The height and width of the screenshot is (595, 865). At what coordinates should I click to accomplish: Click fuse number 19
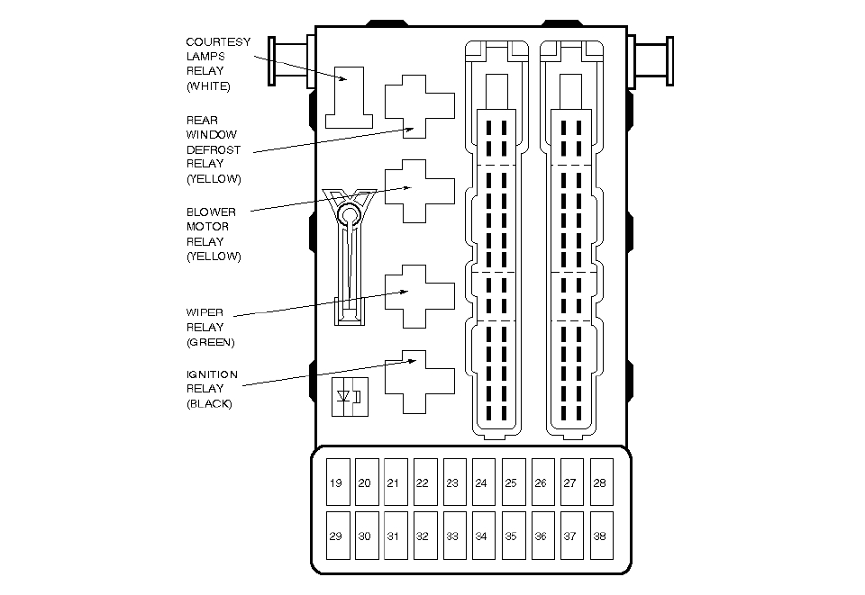pyautogui.click(x=336, y=483)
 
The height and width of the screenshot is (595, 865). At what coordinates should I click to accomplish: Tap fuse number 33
pyautogui.click(x=452, y=536)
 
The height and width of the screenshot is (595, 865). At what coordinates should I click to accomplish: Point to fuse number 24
pyautogui.click(x=481, y=483)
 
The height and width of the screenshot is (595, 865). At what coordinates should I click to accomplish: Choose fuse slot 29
pyautogui.click(x=336, y=536)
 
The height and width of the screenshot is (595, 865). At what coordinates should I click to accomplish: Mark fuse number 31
pyautogui.click(x=394, y=536)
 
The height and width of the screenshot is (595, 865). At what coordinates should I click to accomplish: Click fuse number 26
pyautogui.click(x=541, y=483)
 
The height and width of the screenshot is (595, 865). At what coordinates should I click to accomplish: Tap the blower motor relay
pyautogui.click(x=419, y=191)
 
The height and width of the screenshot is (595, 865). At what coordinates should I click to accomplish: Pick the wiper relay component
pyautogui.click(x=419, y=295)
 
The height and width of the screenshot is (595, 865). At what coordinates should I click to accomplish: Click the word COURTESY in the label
pyautogui.click(x=218, y=41)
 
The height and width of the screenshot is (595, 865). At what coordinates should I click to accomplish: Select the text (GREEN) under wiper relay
pyautogui.click(x=211, y=342)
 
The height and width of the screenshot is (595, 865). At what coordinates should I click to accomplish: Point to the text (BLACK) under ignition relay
pyautogui.click(x=209, y=404)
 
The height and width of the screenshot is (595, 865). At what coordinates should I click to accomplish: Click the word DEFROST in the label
pyautogui.click(x=214, y=149)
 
